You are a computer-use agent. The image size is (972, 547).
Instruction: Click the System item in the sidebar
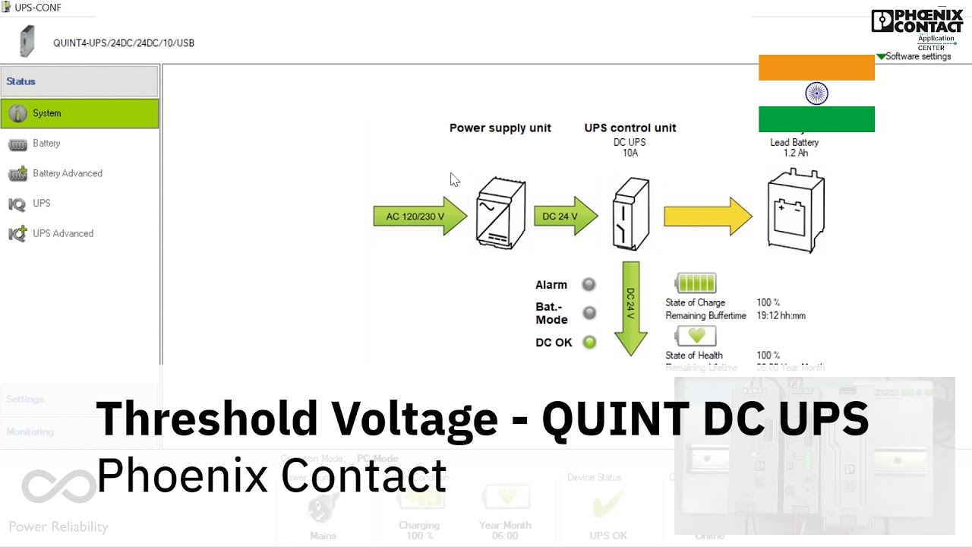click(x=80, y=113)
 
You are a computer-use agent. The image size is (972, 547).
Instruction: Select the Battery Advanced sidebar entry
click(x=67, y=173)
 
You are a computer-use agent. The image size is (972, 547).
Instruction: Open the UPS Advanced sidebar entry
click(x=62, y=233)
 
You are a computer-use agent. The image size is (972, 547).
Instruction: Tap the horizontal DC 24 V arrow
click(x=565, y=217)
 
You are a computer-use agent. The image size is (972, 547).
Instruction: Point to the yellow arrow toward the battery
click(x=707, y=217)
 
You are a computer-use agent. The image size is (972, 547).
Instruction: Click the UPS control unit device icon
click(x=631, y=214)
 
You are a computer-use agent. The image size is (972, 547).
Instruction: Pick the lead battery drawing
click(x=795, y=211)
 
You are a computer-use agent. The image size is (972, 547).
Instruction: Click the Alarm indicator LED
click(x=589, y=285)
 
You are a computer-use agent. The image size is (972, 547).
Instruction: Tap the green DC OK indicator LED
click(x=589, y=342)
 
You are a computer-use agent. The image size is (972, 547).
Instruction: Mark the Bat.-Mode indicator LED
click(x=589, y=313)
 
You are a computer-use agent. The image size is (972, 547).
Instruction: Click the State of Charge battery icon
click(x=695, y=283)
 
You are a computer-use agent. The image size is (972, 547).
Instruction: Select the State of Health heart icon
click(x=695, y=335)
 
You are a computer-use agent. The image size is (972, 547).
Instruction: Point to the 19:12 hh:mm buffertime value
click(x=781, y=315)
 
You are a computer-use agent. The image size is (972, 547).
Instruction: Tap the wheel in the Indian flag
click(x=816, y=93)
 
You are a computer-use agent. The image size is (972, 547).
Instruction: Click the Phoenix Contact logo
click(x=917, y=21)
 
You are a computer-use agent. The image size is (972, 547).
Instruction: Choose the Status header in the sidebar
click(x=80, y=81)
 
